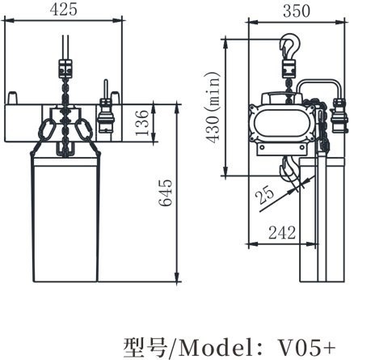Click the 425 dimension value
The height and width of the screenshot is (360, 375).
click(x=63, y=10)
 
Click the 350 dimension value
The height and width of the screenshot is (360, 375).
click(x=297, y=11)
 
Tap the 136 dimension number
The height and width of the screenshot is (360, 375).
click(x=142, y=123)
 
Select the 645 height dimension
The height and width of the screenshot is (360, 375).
click(x=165, y=193)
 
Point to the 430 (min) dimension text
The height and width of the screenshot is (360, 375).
click(x=213, y=108)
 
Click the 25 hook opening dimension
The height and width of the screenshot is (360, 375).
click(x=264, y=194)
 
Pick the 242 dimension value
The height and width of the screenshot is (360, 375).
click(x=282, y=232)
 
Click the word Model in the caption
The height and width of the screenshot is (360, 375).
click(x=217, y=347)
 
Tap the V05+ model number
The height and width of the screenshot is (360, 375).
click(x=306, y=347)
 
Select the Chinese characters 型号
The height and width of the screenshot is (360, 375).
click(x=145, y=347)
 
